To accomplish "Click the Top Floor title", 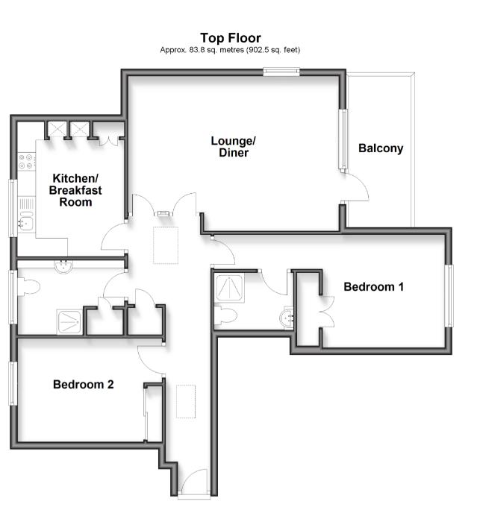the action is (231, 38).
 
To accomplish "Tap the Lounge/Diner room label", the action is (234, 147).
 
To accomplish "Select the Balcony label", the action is (381, 148).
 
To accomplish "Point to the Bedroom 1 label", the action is (373, 287).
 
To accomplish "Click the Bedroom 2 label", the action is (84, 385).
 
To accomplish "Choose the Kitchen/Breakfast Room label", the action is (75, 190).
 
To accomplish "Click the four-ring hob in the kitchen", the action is (26, 162).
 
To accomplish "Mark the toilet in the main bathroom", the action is (28, 287).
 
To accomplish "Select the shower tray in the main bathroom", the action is (69, 322).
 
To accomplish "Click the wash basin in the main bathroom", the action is (63, 267).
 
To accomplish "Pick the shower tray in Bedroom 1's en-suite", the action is (230, 289).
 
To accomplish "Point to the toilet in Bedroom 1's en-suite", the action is (225, 315).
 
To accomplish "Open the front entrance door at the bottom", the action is (194, 483).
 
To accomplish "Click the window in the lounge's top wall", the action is (281, 72).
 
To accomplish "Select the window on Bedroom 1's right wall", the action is (449, 296).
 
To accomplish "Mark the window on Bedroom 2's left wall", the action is (13, 383).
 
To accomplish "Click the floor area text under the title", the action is (230, 50).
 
